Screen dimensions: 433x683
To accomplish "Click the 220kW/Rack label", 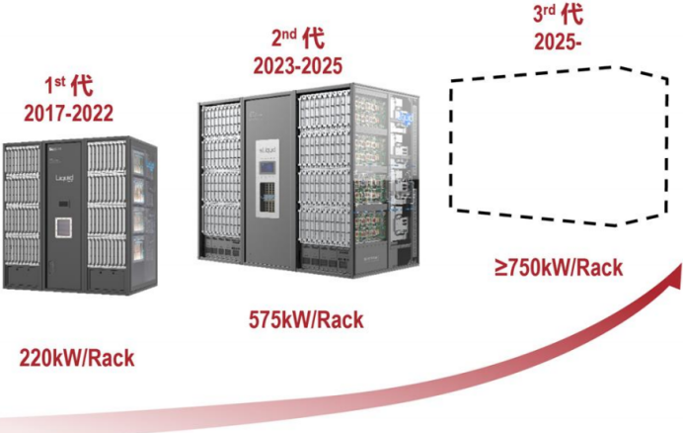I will [76, 357].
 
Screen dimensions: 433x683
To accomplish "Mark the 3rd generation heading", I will [559, 16].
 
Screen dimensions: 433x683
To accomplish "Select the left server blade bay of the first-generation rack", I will [22, 213].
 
